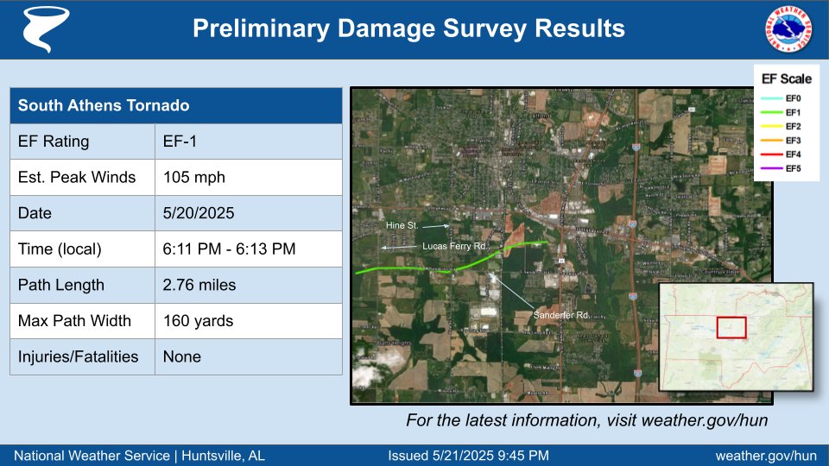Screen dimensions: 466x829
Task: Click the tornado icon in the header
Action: pyautogui.click(x=40, y=29)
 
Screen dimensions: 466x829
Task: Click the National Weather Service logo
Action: pyautogui.click(x=788, y=28)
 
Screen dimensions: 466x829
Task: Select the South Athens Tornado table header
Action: pyautogui.click(x=176, y=105)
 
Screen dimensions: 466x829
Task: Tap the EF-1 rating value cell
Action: pyautogui.click(x=249, y=142)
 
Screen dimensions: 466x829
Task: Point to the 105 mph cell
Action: pyautogui.click(x=249, y=178)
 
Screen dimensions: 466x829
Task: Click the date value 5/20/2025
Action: pyautogui.click(x=249, y=213)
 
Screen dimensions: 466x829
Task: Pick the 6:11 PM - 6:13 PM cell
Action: pyautogui.click(x=249, y=249)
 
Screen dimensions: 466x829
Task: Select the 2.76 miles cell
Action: pyautogui.click(x=249, y=285)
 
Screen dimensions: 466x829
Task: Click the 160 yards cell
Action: pyautogui.click(x=249, y=321)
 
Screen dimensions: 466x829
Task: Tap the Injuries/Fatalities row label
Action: pyautogui.click(x=83, y=356)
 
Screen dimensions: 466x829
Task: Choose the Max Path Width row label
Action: pyautogui.click(x=83, y=321)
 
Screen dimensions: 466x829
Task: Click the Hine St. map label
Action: pyautogui.click(x=401, y=226)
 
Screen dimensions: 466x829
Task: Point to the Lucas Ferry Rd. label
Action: pyautogui.click(x=455, y=246)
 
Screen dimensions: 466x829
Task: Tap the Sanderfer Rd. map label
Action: pyautogui.click(x=561, y=315)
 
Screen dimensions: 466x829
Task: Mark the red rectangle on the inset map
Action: pyautogui.click(x=731, y=328)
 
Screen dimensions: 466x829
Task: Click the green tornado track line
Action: pyautogui.click(x=406, y=270)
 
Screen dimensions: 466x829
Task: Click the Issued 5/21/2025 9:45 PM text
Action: pyautogui.click(x=468, y=456)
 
